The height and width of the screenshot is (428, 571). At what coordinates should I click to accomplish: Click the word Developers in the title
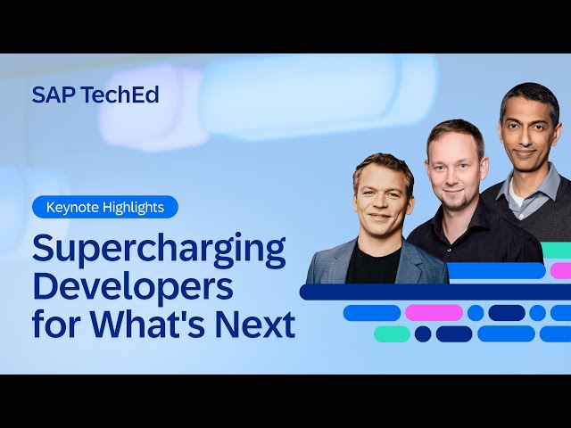click(133, 287)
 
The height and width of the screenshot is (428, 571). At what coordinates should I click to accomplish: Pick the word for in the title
click(54, 324)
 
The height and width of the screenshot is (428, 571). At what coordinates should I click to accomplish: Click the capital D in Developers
click(45, 287)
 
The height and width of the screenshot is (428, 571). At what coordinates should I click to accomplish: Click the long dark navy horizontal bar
click(428, 292)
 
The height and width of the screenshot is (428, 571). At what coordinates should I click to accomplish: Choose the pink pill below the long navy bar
click(434, 313)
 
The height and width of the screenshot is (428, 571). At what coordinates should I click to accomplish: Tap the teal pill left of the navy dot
click(392, 333)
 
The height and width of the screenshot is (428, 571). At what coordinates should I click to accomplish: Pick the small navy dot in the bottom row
click(423, 333)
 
